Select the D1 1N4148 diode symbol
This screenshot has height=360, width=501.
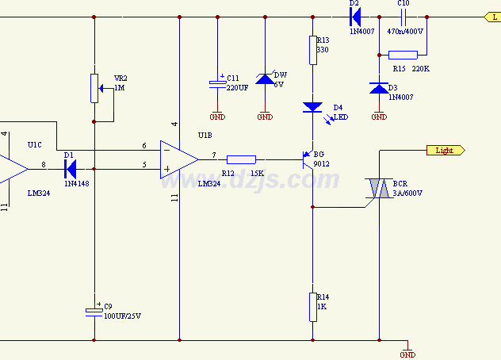[x=71, y=169]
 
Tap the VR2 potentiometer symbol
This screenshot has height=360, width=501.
[x=94, y=88]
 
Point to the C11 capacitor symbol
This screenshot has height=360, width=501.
[x=217, y=82]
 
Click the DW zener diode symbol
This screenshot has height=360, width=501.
[x=265, y=79]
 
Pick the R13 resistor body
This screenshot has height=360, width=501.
[x=312, y=50]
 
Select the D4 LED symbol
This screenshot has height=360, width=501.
[x=312, y=106]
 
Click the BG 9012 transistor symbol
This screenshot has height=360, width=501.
[x=308, y=159]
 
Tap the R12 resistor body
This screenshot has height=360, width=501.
[x=241, y=159]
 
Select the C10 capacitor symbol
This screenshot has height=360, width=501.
[x=403, y=17]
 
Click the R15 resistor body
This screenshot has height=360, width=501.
[x=403, y=55]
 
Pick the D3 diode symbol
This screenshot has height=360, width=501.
[x=379, y=87]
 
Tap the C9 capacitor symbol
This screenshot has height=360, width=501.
[x=94, y=312]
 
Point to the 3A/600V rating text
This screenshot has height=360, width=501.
[x=407, y=193]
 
